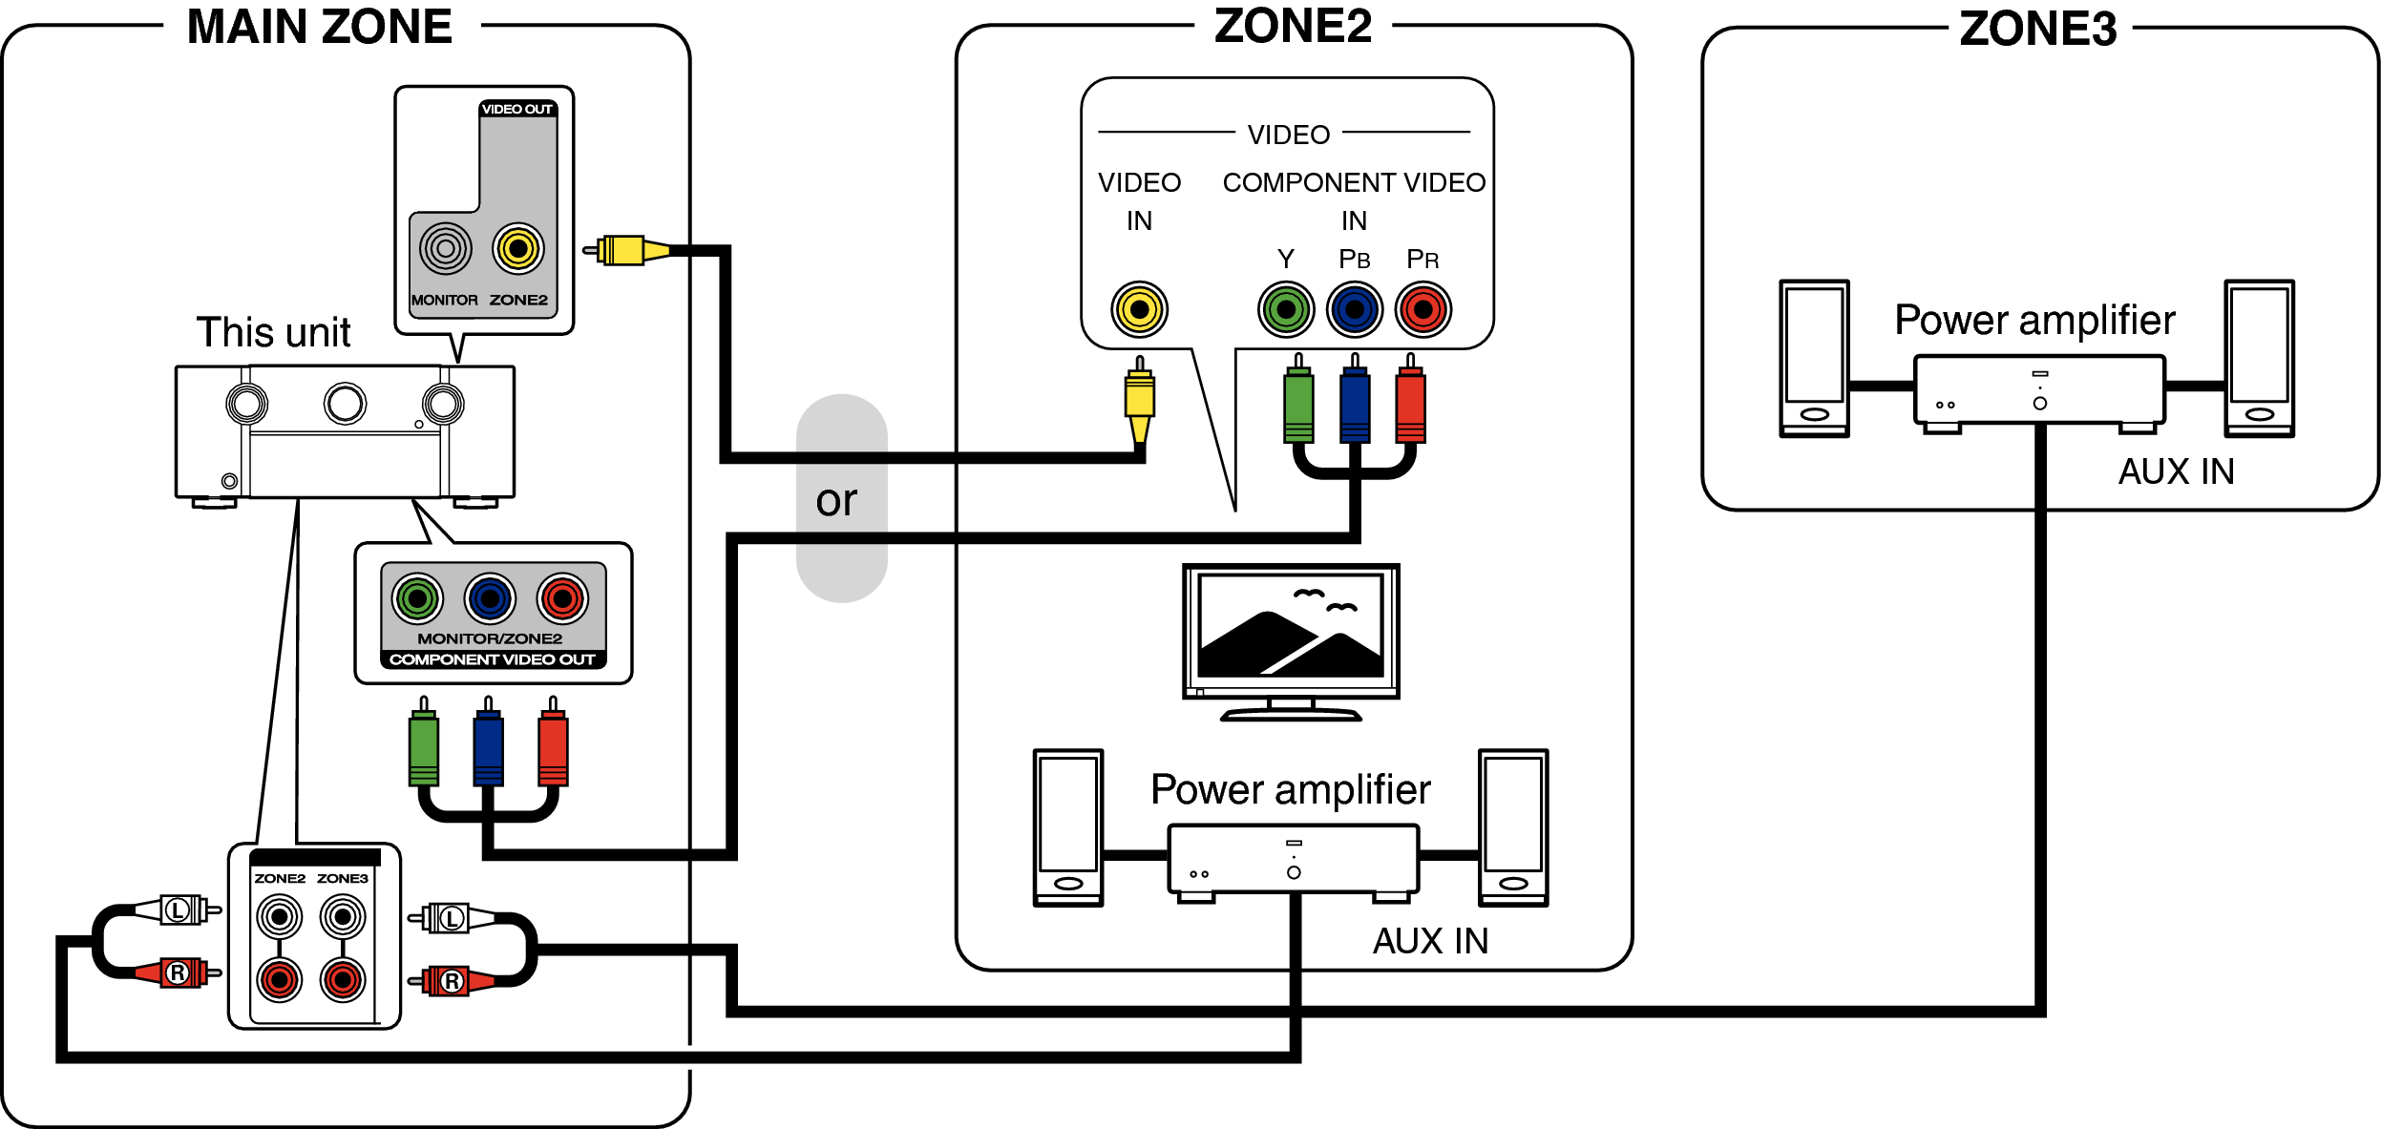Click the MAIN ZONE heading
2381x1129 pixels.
coord(319,27)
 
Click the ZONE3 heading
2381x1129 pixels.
coord(2037,29)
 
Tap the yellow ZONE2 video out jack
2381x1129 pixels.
coord(518,249)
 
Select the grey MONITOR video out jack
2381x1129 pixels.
coord(446,249)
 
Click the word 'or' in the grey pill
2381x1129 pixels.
coord(836,501)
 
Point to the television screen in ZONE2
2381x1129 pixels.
coord(1291,626)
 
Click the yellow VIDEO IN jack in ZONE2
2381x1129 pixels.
coord(1139,309)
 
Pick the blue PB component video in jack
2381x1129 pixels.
coord(1354,309)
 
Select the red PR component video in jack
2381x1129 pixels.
coord(1422,309)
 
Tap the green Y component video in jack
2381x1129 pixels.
coord(1286,309)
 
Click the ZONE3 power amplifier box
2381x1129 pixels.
coord(2039,389)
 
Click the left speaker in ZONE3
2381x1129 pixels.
coord(1814,358)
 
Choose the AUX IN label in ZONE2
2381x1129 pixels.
coord(1430,941)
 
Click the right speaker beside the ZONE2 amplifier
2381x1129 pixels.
coord(1513,827)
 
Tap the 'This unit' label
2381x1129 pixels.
coord(273,332)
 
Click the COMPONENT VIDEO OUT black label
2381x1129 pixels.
coord(493,659)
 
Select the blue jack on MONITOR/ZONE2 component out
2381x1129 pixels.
coord(490,598)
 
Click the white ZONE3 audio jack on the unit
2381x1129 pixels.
coord(343,917)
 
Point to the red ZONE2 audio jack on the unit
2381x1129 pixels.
coord(280,979)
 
